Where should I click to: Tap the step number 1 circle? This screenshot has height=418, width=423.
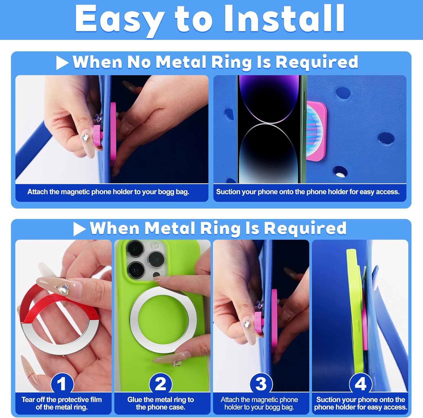pyautogui.click(x=62, y=384)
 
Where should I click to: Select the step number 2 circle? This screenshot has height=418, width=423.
pyautogui.click(x=161, y=384)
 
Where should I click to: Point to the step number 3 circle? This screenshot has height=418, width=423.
pyautogui.click(x=261, y=384)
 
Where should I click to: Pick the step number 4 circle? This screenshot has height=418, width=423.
pyautogui.click(x=360, y=384)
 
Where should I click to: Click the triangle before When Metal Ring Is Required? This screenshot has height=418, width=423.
pyautogui.click(x=79, y=229)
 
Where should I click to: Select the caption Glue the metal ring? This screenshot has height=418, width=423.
pyautogui.click(x=161, y=403)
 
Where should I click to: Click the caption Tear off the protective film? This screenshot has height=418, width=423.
pyautogui.click(x=62, y=403)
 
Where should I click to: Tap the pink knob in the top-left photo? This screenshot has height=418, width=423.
pyautogui.click(x=97, y=135)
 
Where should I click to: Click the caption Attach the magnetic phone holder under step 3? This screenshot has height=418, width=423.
pyautogui.click(x=259, y=403)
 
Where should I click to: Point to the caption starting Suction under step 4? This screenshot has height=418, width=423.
pyautogui.click(x=360, y=403)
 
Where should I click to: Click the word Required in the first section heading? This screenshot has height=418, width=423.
pyautogui.click(x=316, y=62)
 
